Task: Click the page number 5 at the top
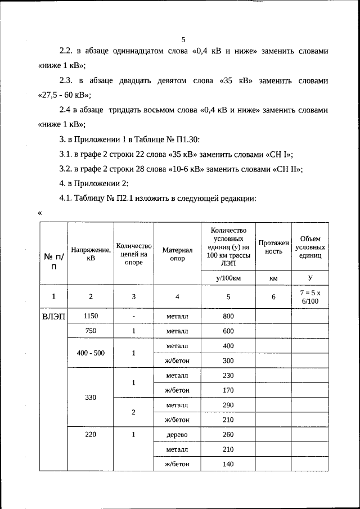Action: (x=183, y=40)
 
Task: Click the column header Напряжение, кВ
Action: (x=91, y=254)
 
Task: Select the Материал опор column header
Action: (x=177, y=254)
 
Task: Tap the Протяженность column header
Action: (x=273, y=247)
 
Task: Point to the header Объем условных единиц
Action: (x=310, y=247)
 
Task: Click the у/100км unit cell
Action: (x=228, y=278)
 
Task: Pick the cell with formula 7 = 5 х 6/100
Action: (x=310, y=296)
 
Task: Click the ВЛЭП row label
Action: (x=53, y=316)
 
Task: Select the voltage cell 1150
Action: (x=91, y=316)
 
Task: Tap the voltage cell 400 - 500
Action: (x=91, y=353)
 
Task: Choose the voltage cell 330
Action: (x=91, y=397)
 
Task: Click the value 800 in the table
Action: (x=228, y=316)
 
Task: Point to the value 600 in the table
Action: (x=228, y=331)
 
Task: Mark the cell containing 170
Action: (x=228, y=389)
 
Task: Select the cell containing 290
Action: (x=228, y=404)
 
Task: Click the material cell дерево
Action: (x=177, y=434)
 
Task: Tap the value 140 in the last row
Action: (x=228, y=464)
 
